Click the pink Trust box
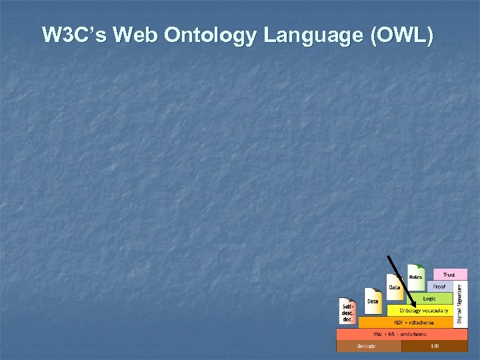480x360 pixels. (449, 275)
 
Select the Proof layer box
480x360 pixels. (439, 287)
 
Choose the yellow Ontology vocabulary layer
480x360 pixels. (424, 311)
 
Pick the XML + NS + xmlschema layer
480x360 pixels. (403, 334)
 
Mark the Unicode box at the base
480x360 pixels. (366, 346)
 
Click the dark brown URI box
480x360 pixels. (435, 346)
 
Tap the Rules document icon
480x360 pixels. (416, 275)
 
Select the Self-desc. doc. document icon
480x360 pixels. (348, 311)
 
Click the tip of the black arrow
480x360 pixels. (415, 309)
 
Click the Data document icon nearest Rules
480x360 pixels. (395, 286)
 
